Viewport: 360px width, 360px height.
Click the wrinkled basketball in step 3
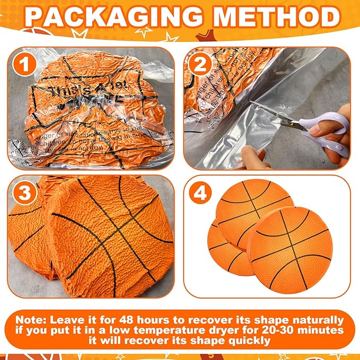click(101, 233)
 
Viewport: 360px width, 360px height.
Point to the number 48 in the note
click(134, 320)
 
